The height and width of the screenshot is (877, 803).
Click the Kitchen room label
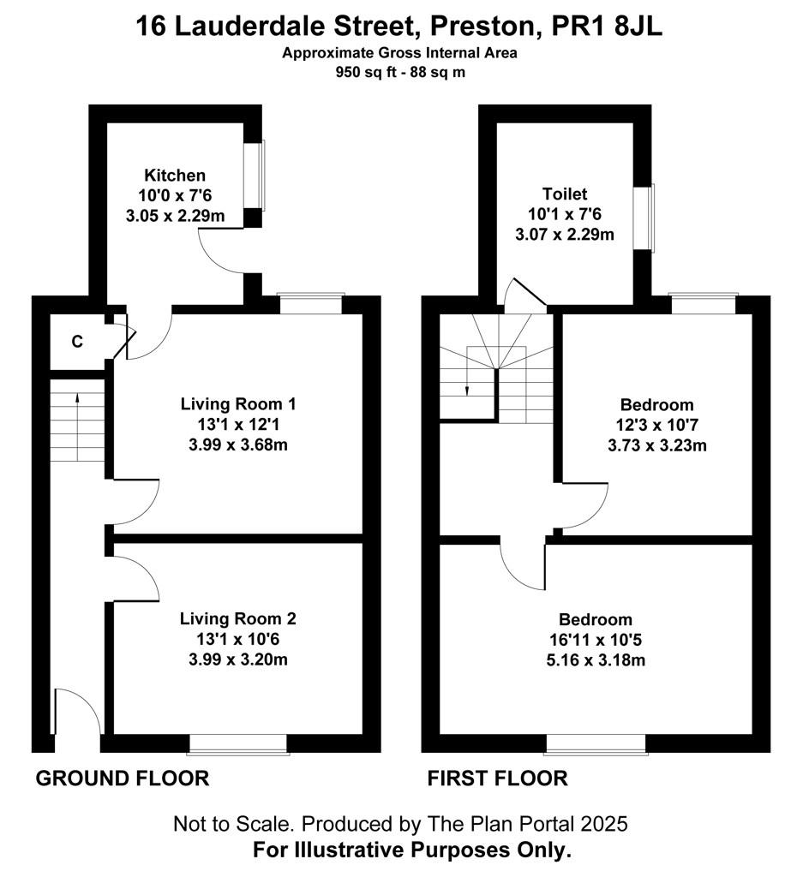[x=175, y=176]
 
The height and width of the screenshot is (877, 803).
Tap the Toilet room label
[x=564, y=194]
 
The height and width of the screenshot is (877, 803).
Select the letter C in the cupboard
[x=77, y=342]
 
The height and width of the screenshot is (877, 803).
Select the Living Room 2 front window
[x=238, y=744]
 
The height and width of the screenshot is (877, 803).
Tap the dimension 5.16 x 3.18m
[x=596, y=659]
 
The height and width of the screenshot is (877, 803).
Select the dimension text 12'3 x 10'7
[x=657, y=425]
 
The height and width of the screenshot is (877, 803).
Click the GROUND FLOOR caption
[x=122, y=779]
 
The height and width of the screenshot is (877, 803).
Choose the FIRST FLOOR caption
[x=497, y=779]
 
